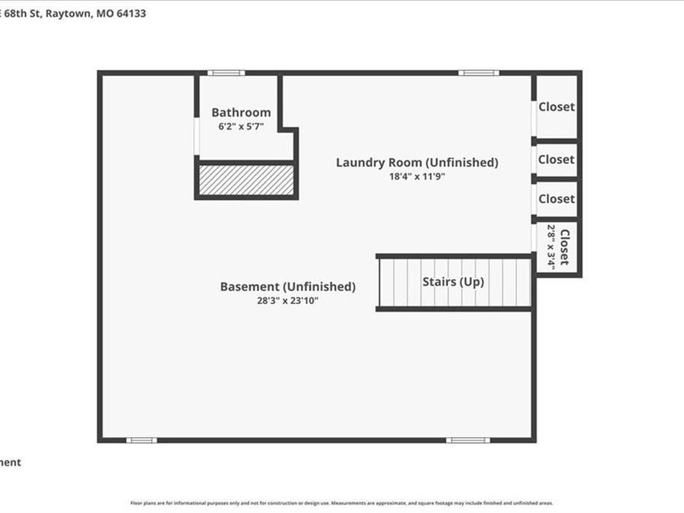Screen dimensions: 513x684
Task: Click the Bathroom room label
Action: pos(241,112)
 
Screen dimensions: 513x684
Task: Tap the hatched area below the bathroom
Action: pos(246,180)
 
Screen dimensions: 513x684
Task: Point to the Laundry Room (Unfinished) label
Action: pos(416,162)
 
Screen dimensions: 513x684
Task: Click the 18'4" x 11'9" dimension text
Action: pos(416,176)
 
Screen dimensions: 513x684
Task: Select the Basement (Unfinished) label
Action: pos(287,287)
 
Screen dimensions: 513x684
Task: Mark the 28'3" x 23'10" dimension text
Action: pos(287,301)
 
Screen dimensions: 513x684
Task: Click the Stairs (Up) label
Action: pos(453,281)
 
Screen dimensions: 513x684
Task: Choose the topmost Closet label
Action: pos(556,107)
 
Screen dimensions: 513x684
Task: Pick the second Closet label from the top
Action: pos(556,160)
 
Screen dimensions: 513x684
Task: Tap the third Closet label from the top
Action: pos(556,198)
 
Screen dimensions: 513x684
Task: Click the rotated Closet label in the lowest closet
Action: pos(564,247)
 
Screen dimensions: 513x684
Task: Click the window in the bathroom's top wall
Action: pos(226,73)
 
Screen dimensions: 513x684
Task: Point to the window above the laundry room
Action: pos(479,73)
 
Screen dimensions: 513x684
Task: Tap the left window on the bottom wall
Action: pos(141,440)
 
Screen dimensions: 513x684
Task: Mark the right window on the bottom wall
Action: pos(467,440)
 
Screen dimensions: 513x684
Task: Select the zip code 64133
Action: pos(131,13)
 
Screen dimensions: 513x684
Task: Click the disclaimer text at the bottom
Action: pos(342,503)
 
